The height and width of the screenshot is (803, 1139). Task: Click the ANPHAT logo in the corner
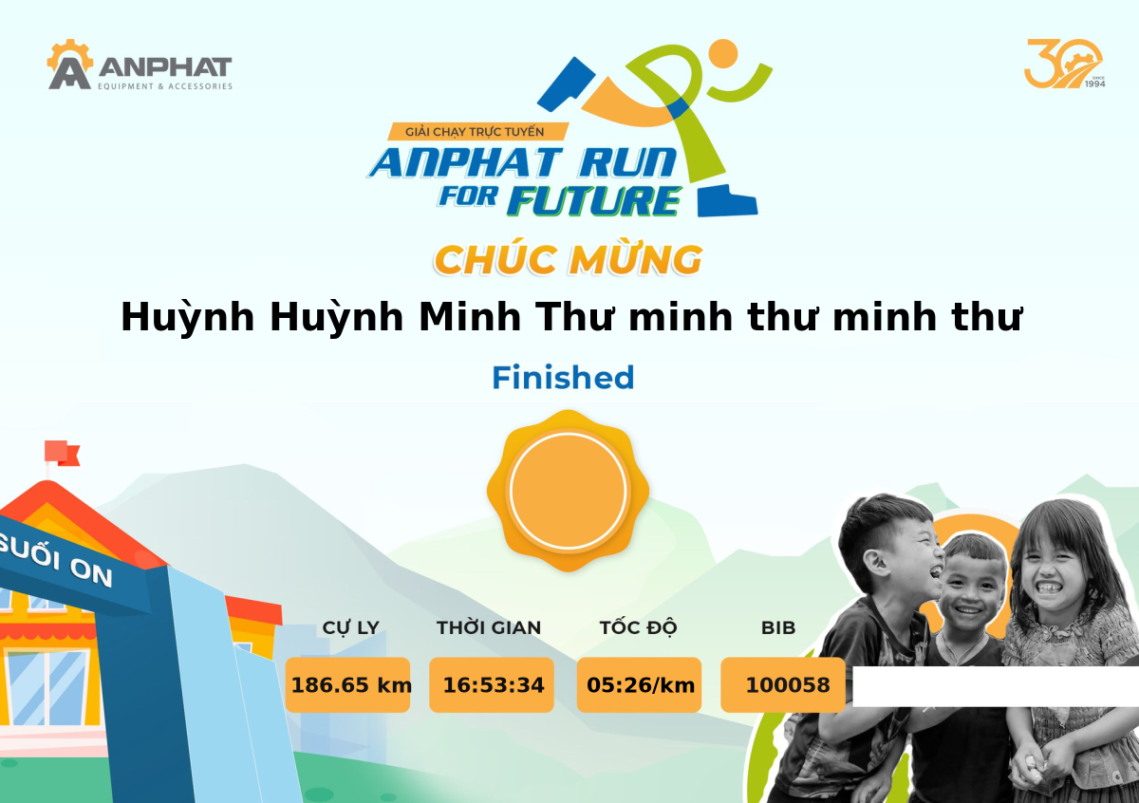140,65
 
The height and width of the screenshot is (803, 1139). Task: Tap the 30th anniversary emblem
1064,64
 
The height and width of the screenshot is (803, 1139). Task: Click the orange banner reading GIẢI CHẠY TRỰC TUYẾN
476,132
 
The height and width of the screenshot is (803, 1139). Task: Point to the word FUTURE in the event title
594,201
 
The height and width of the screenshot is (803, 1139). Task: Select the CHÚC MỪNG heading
569,260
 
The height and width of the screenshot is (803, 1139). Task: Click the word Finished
563,378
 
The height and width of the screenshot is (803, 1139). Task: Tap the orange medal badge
568,491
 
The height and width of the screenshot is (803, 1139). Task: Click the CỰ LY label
351,628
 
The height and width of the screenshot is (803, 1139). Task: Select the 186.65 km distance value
351,685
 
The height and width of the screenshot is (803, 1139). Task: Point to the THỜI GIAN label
489,627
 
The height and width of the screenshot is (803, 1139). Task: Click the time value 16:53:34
494,685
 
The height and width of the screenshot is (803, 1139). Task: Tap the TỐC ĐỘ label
638,627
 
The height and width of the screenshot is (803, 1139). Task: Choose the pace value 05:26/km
640,685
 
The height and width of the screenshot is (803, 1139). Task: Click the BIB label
778,628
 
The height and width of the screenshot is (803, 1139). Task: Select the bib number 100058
787,685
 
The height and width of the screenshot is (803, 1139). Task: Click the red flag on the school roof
62,453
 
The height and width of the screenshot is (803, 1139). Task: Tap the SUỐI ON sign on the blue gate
56,559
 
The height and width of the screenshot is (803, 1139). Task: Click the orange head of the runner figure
722,53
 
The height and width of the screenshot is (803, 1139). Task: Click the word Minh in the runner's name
470,317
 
